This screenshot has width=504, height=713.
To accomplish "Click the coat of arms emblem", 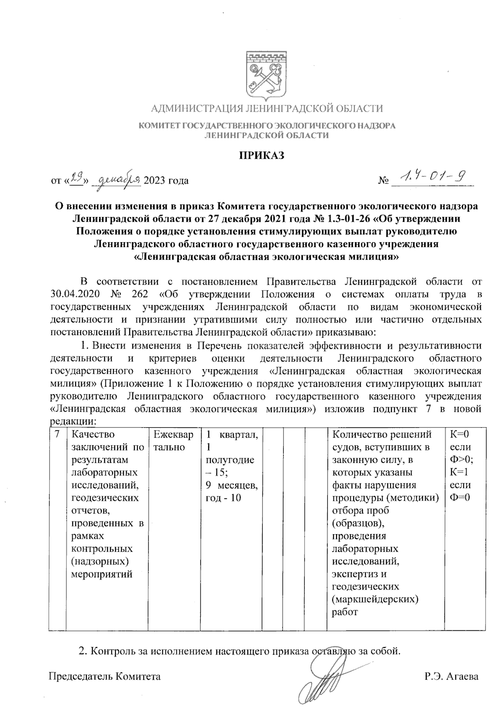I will coord(266,75).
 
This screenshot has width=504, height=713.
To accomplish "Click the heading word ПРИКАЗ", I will coord(262,156).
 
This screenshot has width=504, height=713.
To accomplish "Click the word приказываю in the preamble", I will coord(346,333).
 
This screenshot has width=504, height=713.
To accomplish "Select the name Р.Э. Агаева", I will coord(451,676).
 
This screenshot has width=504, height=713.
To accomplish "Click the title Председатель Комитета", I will coord(105,676).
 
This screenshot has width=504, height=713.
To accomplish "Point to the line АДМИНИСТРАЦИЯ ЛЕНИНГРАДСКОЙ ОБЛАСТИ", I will coord(267,109).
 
